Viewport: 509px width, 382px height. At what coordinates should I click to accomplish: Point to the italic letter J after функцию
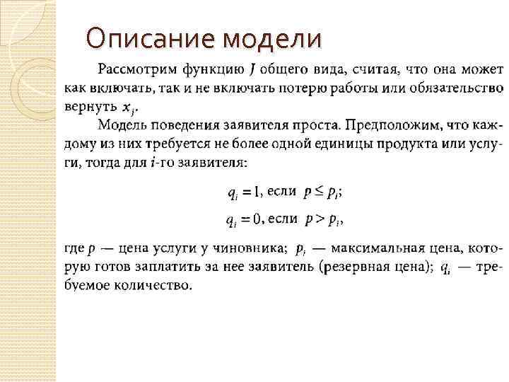252,70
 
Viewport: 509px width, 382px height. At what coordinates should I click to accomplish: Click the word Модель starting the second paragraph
121,125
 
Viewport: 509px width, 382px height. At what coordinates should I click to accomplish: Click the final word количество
156,286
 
